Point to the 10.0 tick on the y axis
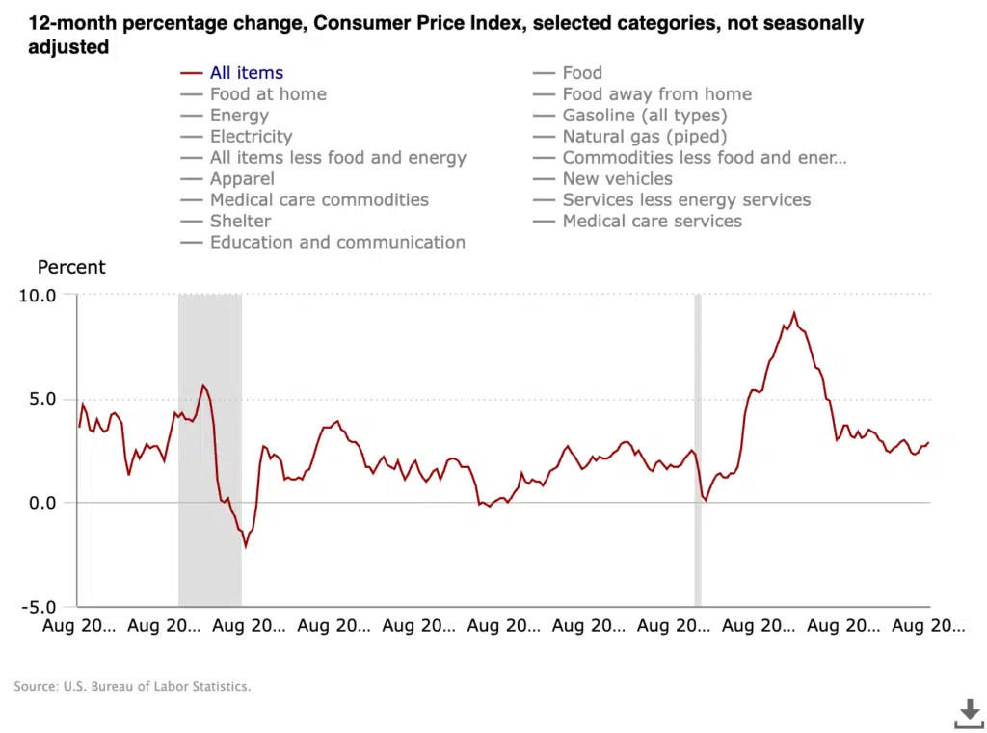[38, 295]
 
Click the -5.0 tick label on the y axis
[38, 607]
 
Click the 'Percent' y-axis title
[71, 268]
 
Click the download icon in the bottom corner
[969, 714]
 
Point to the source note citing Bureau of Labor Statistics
[132, 687]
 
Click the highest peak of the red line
[794, 313]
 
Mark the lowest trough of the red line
[246, 546]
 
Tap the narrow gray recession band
[698, 450]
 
